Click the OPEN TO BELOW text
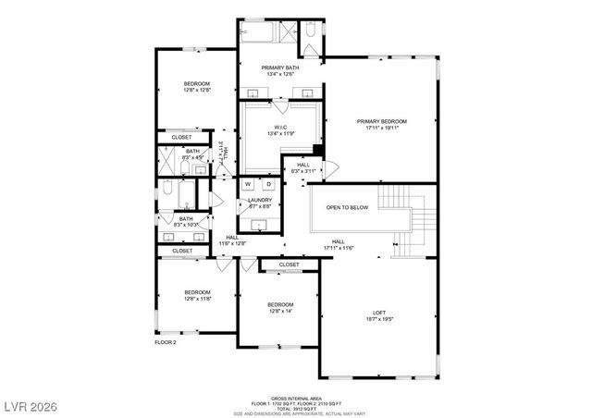click(x=347, y=207)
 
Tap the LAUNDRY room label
click(x=259, y=200)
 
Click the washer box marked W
click(x=248, y=184)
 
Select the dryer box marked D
click(x=269, y=184)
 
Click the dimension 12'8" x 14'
click(x=280, y=312)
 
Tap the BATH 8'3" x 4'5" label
click(x=192, y=151)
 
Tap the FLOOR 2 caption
click(x=165, y=342)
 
